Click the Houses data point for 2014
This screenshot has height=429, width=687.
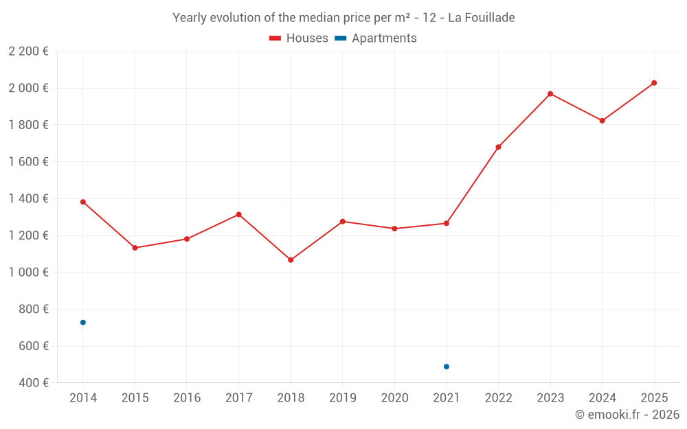coord(83,202)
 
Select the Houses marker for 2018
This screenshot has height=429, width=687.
coord(291,260)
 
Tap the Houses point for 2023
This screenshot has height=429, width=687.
coord(550,93)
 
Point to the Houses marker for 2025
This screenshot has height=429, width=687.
coord(654,83)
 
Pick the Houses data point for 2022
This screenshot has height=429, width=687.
coord(498,147)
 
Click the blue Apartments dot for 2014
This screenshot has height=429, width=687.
coord(83,323)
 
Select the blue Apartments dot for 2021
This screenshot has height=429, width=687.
coord(447,367)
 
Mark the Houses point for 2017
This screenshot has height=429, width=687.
coord(238,215)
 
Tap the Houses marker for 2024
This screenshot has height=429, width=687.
coord(602,121)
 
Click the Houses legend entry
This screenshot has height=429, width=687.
coord(299,38)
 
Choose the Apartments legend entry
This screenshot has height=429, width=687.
coord(376,38)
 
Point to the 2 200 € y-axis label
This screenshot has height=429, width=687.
coord(28,51)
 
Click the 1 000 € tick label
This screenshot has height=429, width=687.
coord(28,273)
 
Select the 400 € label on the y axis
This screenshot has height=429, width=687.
coord(34,383)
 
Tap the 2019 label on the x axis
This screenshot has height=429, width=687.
coord(342,398)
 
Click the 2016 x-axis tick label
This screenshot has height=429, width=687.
coord(187,398)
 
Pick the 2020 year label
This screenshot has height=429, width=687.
coord(394,398)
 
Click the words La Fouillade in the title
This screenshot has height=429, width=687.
coord(481,18)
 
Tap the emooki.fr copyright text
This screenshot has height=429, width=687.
coord(627,415)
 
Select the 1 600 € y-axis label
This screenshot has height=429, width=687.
coord(28,162)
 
